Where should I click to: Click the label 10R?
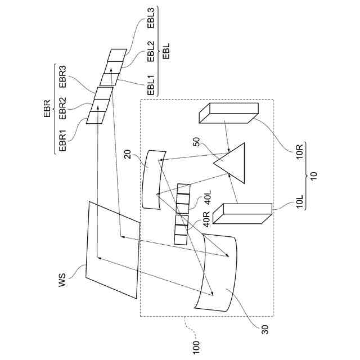pos(299,153)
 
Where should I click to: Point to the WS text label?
pos(63,280)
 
